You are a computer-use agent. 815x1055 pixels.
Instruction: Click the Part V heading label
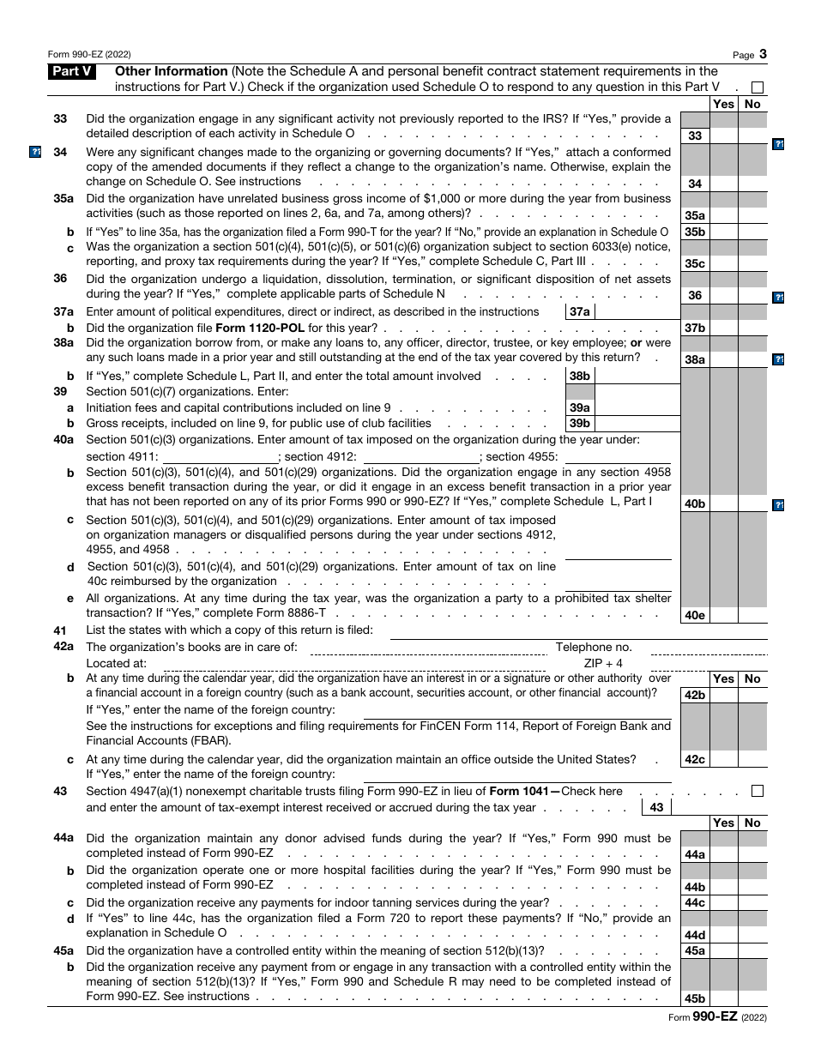[72, 72]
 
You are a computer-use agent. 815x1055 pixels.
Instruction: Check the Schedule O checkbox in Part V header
[757, 87]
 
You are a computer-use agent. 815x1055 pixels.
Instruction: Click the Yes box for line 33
[723, 135]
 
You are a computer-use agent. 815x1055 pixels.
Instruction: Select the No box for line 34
[752, 184]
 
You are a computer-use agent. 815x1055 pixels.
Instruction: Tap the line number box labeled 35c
[694, 263]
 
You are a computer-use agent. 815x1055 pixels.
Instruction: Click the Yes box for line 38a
[723, 359]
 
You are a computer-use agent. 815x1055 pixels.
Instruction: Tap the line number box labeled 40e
[694, 615]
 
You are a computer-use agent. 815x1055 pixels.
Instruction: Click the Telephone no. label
[594, 648]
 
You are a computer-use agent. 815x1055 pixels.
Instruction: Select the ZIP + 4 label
[603, 663]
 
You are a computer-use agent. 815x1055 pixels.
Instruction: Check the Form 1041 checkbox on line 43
[757, 791]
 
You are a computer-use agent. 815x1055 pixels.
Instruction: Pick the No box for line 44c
[752, 902]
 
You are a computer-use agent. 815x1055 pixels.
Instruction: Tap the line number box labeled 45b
[694, 998]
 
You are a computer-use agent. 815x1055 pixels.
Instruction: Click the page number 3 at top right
[763, 54]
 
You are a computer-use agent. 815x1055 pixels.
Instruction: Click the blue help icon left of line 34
[35, 153]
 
